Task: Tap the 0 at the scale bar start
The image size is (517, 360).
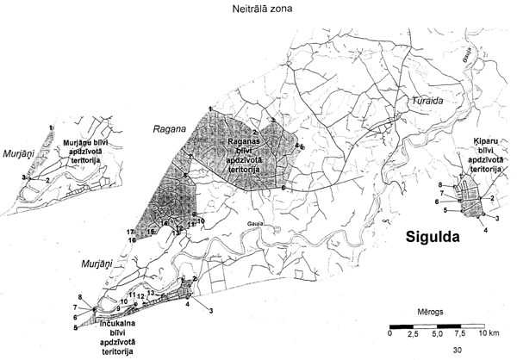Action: click(x=389, y=332)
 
